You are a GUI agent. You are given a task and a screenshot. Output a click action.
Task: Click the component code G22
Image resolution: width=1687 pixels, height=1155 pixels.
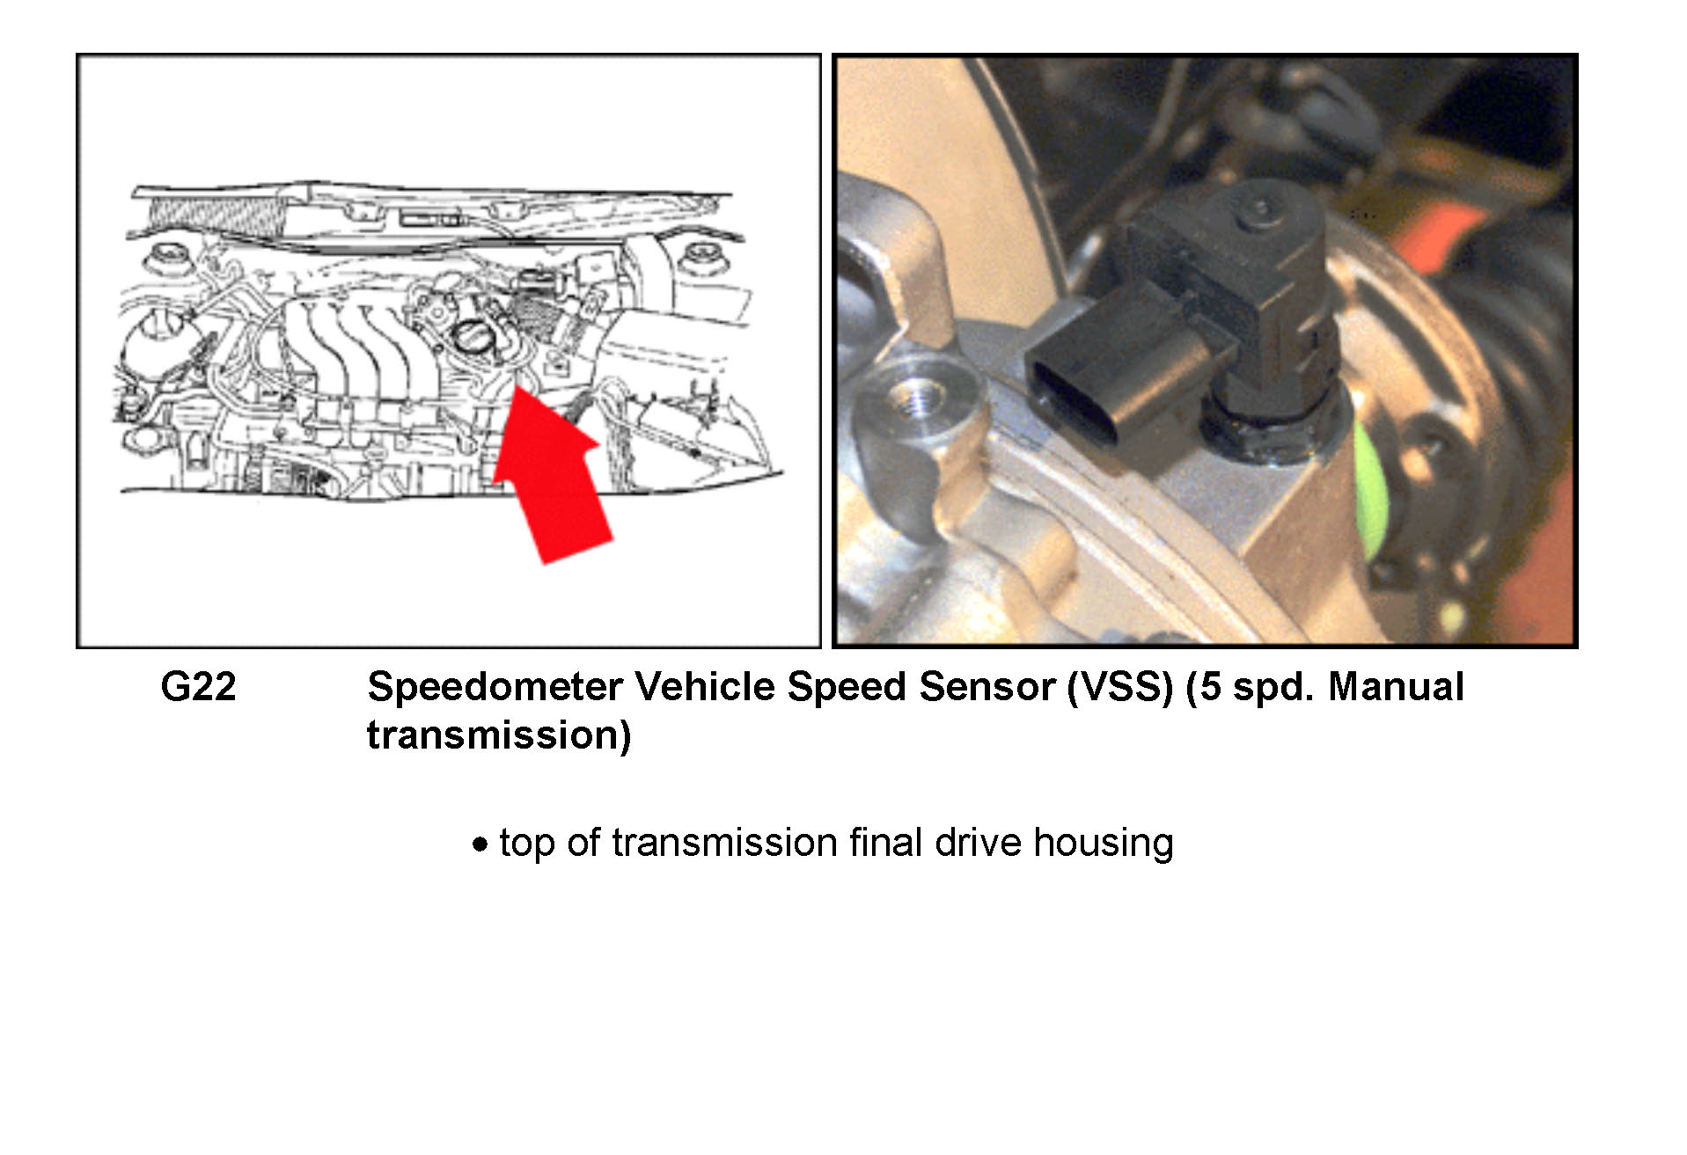(198, 687)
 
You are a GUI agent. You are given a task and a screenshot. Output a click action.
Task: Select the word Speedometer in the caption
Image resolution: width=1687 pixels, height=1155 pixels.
(495, 687)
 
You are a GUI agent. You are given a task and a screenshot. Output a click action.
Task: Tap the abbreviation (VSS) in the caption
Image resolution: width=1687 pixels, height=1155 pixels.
(1120, 687)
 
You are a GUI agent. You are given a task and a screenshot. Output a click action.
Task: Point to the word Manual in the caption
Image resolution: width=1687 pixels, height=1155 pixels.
(1396, 687)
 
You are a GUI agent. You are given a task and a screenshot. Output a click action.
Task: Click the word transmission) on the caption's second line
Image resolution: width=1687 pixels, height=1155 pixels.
(499, 735)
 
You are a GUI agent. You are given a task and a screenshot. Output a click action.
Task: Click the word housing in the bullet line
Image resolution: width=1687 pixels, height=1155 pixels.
(1104, 844)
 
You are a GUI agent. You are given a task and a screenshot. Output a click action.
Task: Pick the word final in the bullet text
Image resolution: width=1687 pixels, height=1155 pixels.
(886, 842)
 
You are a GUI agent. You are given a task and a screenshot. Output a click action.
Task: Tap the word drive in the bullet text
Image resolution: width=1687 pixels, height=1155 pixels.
(979, 842)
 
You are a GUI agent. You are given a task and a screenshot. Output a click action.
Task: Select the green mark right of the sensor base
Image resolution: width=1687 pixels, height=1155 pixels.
(1368, 489)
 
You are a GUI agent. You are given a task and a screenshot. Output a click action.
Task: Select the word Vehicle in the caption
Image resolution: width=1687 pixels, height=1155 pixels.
(705, 687)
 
